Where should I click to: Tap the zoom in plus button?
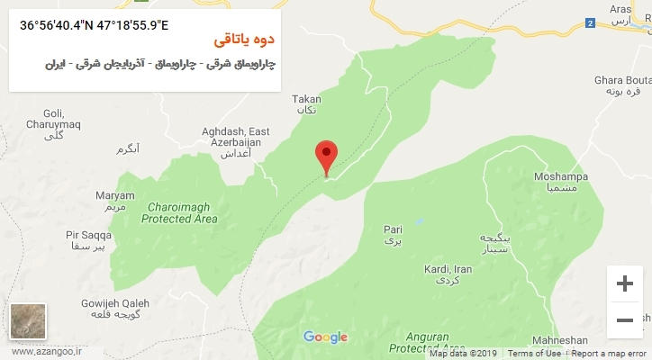(624, 284)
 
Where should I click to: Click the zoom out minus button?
(624, 320)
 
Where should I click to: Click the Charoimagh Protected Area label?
(180, 212)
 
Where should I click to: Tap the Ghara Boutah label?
(617, 85)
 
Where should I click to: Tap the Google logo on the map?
(325, 337)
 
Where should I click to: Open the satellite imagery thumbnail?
(28, 322)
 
